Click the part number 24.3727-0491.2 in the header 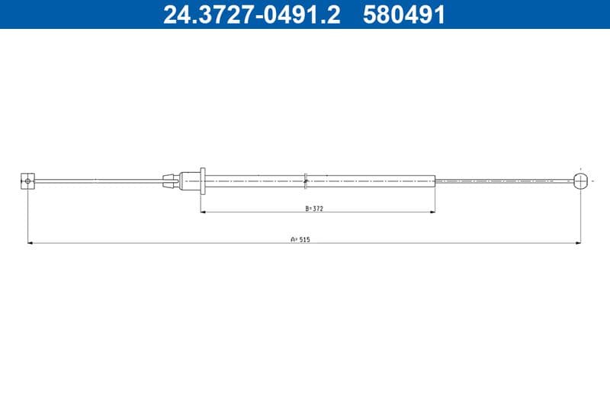[x=252, y=14]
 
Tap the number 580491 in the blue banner [x=404, y=14]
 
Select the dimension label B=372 [x=314, y=209]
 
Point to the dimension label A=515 [x=300, y=240]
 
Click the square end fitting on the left [x=27, y=181]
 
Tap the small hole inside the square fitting [x=27, y=181]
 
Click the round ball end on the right [x=580, y=181]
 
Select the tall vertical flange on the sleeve [x=203, y=181]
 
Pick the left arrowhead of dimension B [x=203, y=212]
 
